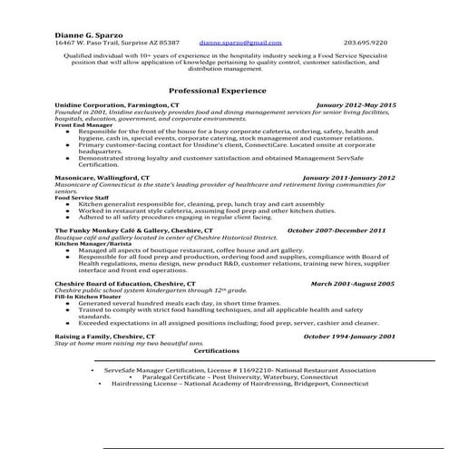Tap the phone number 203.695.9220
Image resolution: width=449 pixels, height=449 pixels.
pos(366,43)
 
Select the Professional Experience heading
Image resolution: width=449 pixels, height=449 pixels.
pos(218,91)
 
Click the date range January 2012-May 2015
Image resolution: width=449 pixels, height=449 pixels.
pos(356,106)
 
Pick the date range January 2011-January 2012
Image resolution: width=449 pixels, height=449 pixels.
pos(348,178)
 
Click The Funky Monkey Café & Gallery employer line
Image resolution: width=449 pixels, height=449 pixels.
pos(133,231)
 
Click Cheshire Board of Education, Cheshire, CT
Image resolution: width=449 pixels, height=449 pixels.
pos(122,284)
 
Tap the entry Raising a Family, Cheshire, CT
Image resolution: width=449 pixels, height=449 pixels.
pos(107,337)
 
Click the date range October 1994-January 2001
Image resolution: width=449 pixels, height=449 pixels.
pos(348,337)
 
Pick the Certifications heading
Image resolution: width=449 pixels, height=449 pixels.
pos(217,350)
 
